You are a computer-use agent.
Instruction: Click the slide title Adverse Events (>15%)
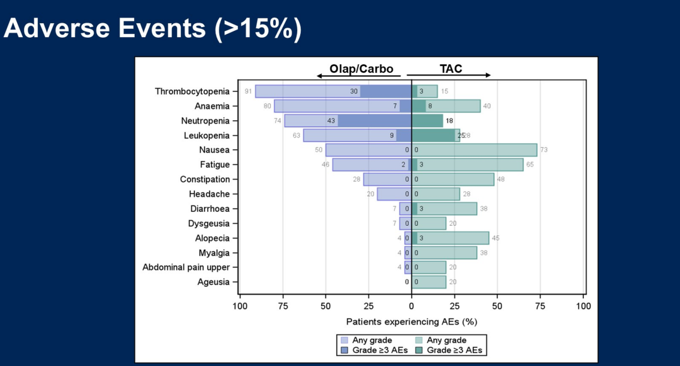152,29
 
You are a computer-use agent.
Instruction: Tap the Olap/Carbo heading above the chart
361,69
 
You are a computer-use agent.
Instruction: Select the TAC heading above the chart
451,69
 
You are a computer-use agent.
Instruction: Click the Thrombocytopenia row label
192,91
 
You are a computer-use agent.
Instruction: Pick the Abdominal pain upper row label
186,267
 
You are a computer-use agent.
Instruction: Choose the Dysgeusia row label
208,223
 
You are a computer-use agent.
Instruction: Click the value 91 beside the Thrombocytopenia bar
249,91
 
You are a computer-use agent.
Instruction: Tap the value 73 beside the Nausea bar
544,150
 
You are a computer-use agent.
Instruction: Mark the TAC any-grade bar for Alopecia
453,238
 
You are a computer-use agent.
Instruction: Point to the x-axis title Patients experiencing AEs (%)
411,321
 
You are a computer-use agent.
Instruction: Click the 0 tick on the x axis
411,306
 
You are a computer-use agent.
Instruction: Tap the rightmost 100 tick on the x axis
584,306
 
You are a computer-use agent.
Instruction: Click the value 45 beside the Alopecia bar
496,238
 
